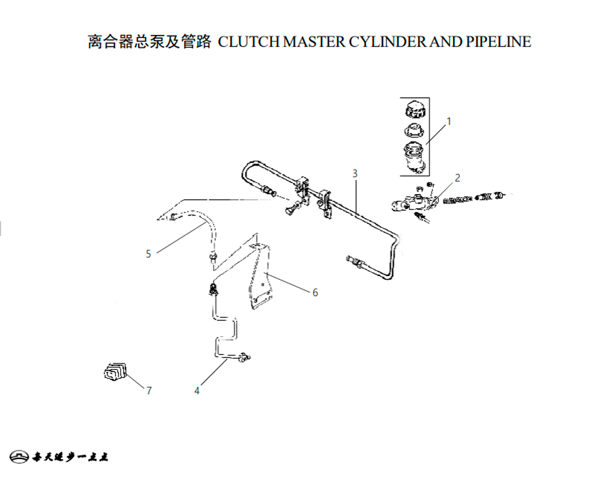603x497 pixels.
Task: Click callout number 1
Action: [x=449, y=121]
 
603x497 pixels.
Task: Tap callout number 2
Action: [x=458, y=178]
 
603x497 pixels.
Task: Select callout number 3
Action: [x=355, y=173]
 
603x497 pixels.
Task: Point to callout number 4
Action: [x=197, y=391]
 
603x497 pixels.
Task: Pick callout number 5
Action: [x=148, y=254]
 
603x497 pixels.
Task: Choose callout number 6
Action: [x=315, y=293]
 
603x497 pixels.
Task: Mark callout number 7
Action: [x=149, y=391]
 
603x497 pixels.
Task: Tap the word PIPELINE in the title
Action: [x=499, y=42]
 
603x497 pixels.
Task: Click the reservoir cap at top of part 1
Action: [x=414, y=111]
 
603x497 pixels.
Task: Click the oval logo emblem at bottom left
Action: [x=20, y=456]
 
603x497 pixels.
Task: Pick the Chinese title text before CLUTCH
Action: [x=149, y=42]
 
